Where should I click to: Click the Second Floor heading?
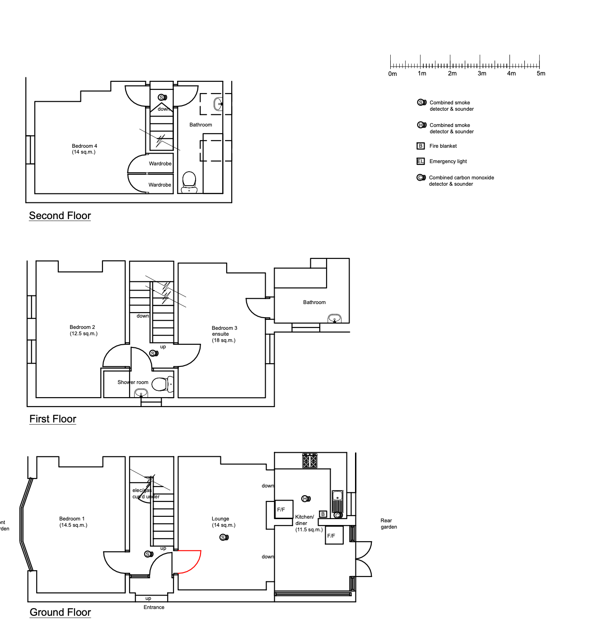[60, 216]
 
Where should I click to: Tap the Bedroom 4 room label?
[84, 149]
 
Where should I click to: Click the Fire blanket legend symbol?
[421, 146]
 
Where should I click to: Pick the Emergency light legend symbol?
[421, 161]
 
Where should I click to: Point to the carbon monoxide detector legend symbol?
[421, 178]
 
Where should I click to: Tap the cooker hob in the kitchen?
[309, 461]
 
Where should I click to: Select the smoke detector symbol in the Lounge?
[224, 537]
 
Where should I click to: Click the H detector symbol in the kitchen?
[306, 499]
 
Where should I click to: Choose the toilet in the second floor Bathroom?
[189, 182]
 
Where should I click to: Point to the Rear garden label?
[388, 524]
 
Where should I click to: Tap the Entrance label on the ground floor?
[154, 607]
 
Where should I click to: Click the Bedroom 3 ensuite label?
[224, 334]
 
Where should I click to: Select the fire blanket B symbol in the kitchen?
[323, 514]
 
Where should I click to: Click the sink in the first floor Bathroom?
[334, 319]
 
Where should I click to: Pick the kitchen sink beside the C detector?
[337, 501]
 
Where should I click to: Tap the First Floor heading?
[53, 419]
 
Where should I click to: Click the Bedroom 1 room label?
[73, 522]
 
